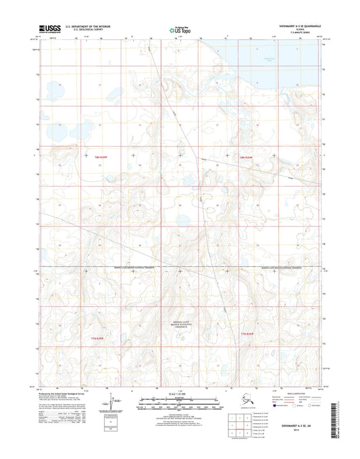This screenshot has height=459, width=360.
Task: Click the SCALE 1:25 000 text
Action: (180, 393)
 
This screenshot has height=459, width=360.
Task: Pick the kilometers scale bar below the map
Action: (180, 400)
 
